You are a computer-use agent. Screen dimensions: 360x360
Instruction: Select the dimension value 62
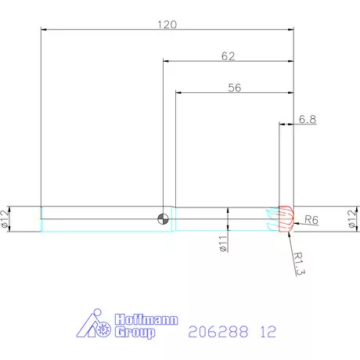click(229, 56)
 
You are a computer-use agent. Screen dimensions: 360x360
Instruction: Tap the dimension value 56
click(234, 88)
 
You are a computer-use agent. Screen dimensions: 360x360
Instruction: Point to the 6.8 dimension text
click(307, 120)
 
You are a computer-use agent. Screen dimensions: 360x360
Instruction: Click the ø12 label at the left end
click(6, 219)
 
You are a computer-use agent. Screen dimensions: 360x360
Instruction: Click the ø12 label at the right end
click(351, 219)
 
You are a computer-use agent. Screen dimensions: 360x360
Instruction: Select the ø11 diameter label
click(222, 243)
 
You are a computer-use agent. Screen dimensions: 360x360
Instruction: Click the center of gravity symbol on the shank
click(163, 218)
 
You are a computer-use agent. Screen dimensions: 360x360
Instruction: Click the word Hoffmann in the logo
click(146, 319)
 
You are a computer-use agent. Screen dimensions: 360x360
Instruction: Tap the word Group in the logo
click(135, 332)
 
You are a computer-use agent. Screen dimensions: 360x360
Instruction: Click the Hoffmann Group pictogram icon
click(95, 326)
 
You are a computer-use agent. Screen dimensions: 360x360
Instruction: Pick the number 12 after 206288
click(268, 332)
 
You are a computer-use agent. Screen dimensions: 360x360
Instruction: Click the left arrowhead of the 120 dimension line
click(44, 30)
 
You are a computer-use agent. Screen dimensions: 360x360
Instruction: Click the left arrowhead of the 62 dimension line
click(166, 61)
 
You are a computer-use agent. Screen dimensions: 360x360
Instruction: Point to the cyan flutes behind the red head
click(272, 219)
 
